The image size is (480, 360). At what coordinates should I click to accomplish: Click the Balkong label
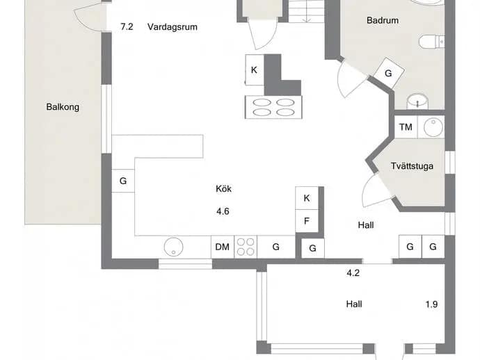63,107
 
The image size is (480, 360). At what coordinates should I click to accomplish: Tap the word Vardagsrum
173,27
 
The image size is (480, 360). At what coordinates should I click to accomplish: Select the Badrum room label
383,20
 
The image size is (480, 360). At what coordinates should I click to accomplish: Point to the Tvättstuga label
412,166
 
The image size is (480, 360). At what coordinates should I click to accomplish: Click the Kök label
223,189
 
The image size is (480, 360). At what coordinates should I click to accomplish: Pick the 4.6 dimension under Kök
223,211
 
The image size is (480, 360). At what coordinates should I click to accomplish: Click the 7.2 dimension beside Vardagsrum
127,27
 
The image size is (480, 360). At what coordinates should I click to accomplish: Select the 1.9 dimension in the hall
431,304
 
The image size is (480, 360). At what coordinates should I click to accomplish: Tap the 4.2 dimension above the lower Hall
353,273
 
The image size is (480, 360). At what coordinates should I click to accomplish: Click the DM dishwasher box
223,247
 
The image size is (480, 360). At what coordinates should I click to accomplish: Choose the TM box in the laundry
406,127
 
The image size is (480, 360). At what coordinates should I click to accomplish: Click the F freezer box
307,221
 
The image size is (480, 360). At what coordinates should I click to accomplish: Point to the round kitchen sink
174,247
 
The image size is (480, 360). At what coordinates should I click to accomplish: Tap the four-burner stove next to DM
246,247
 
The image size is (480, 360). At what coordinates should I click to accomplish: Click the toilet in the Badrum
431,42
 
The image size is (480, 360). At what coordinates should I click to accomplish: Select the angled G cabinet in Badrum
389,74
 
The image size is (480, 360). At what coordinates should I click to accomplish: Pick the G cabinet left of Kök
123,181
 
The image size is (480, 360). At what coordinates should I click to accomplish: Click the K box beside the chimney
255,70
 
